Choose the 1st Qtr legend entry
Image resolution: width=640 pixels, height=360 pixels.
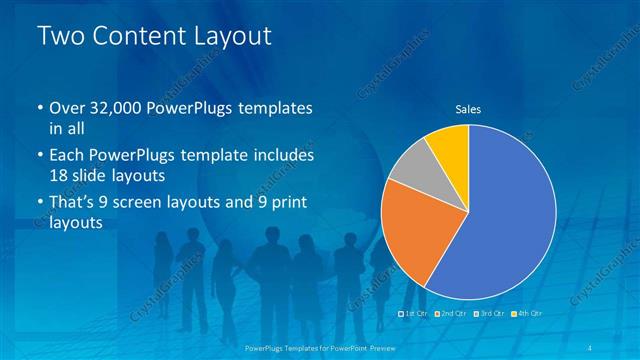(417, 314)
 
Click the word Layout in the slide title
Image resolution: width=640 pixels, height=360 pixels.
(232, 37)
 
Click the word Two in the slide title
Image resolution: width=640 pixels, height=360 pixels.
(60, 37)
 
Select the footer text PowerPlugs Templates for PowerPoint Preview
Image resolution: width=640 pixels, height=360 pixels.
(319, 348)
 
